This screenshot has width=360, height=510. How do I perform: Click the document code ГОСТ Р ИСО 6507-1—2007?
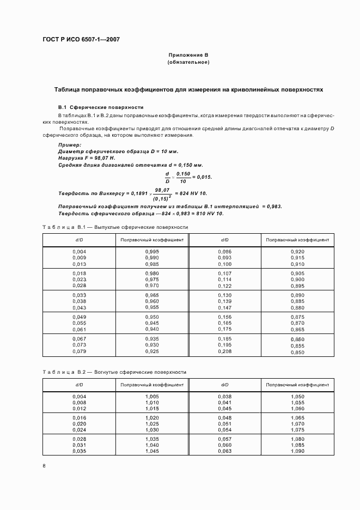click(81, 40)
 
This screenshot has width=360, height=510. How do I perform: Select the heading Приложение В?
click(188, 56)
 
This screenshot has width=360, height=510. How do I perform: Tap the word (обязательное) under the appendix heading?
click(188, 63)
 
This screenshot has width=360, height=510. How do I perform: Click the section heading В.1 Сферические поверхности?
click(101, 107)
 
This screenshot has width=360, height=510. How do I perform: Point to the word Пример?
click(69, 145)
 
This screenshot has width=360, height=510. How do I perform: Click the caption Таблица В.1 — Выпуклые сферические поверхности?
click(115, 227)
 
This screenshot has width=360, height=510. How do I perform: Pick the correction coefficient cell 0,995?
click(152, 251)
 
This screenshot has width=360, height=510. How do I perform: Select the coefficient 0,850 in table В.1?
click(297, 353)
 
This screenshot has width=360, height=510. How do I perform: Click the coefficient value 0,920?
click(297, 251)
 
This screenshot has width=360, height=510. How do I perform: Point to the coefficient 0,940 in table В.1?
click(152, 330)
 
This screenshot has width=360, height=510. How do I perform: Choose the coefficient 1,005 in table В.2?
click(152, 397)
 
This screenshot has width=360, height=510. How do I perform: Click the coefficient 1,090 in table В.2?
click(297, 451)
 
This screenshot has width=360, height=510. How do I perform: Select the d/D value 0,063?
click(225, 451)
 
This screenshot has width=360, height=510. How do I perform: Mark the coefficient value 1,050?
click(297, 397)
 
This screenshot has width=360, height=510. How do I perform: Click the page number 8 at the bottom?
click(44, 466)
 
